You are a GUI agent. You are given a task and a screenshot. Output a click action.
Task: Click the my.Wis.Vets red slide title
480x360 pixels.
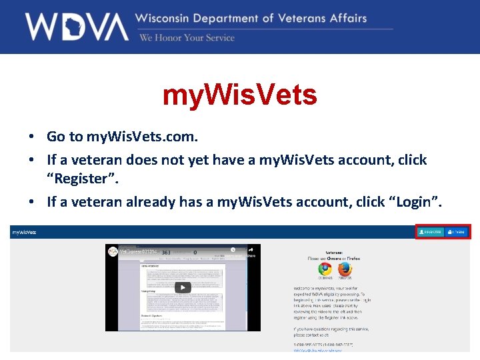click(x=240, y=95)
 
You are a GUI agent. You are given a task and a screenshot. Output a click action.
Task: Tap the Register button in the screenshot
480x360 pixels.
click(x=431, y=232)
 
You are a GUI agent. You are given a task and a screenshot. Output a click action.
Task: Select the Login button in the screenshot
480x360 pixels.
click(x=457, y=232)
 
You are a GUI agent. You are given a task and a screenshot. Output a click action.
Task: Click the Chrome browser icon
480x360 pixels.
click(x=325, y=269)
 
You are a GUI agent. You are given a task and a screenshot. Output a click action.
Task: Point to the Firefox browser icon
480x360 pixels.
click(x=345, y=269)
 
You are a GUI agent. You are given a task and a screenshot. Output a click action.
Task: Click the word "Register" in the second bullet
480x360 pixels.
click(x=76, y=178)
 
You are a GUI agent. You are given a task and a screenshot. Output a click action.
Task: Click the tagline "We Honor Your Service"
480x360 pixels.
click(x=187, y=37)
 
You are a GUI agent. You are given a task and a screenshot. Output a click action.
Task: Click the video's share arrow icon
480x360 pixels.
click(x=251, y=251)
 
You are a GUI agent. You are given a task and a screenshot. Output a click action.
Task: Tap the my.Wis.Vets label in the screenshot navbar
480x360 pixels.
click(x=24, y=232)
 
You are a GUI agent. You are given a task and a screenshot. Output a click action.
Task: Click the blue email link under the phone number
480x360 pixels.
click(x=318, y=349)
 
